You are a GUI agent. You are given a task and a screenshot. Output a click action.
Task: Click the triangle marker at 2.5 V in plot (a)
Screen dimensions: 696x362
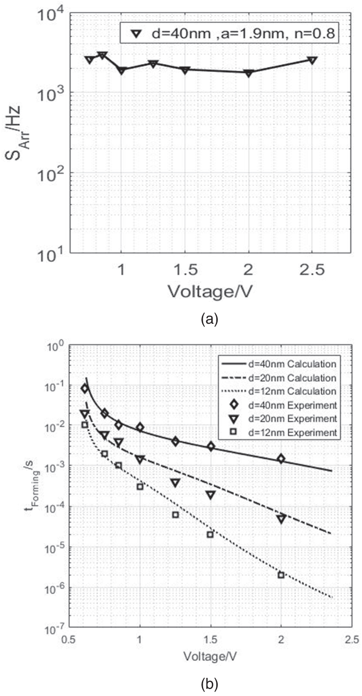point(312,60)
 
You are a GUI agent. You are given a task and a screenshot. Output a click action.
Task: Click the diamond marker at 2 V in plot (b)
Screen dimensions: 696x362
point(281,459)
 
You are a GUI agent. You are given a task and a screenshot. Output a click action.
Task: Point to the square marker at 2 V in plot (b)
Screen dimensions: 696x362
point(281,575)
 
